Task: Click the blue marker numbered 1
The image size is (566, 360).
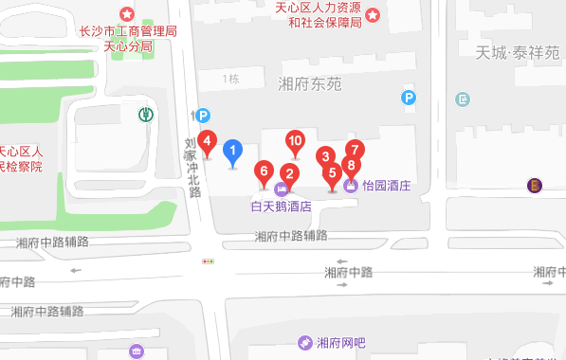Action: (233, 151)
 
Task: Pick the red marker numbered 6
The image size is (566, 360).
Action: (265, 171)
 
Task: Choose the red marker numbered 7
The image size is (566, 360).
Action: (355, 150)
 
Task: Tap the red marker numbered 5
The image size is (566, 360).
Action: (332, 173)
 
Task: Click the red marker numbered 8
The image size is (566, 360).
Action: (352, 166)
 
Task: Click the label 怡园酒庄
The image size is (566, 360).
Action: (386, 187)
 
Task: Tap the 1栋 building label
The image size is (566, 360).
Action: (231, 79)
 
